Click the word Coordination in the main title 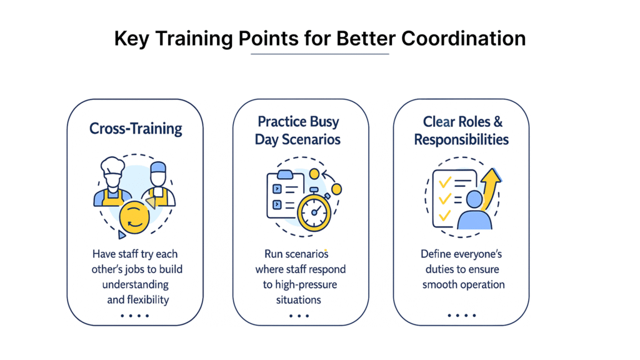pyautogui.click(x=463, y=39)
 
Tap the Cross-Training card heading pyautogui.click(x=136, y=129)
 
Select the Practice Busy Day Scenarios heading pyautogui.click(x=298, y=131)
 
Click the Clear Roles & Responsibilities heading pyautogui.click(x=461, y=131)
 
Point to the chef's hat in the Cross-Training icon pyautogui.click(x=112, y=165)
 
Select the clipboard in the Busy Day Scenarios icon pyautogui.click(x=285, y=194)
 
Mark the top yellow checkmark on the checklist pyautogui.click(x=445, y=182)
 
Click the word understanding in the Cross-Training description pyautogui.click(x=136, y=284)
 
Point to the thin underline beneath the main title pyautogui.click(x=319, y=54)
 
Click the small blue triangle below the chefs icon pyautogui.click(x=122, y=235)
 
